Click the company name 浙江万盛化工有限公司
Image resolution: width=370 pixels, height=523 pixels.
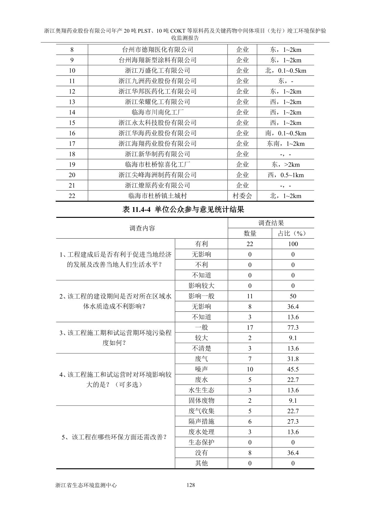coord(158,71)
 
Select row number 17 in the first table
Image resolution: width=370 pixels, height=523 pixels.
coord(72,144)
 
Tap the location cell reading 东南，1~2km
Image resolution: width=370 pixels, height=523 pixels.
coord(286,144)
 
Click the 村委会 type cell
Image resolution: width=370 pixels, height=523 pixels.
coord(242,196)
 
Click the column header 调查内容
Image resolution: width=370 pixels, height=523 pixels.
coord(142,228)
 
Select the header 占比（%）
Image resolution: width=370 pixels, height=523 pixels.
coord(293,234)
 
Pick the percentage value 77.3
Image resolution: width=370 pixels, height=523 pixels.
coord(293,328)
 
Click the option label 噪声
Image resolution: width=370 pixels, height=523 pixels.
coord(201,369)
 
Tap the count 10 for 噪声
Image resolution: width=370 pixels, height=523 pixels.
coord(250,369)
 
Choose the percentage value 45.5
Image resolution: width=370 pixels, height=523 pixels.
coord(293,369)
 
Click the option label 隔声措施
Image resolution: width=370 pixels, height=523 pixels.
coord(201,421)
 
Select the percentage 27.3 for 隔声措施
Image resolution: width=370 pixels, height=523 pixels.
coord(293,421)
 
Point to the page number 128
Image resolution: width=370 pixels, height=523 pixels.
coord(190,485)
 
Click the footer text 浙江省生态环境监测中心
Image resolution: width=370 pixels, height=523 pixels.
coord(86,485)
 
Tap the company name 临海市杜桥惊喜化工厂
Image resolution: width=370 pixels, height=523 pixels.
coord(158,164)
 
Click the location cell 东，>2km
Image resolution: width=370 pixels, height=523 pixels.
coord(286,164)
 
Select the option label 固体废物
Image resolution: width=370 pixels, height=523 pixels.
coord(201,401)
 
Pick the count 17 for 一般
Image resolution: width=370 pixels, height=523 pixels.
coord(250,328)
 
